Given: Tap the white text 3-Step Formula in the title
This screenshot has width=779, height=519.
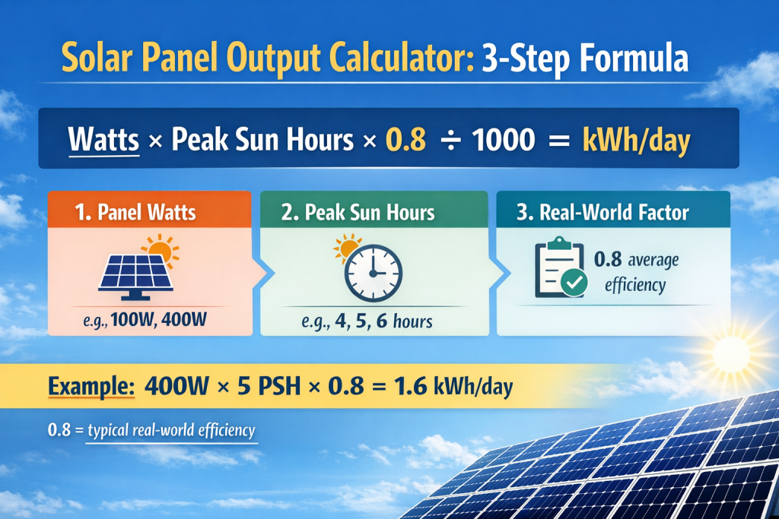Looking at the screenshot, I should coord(585,59).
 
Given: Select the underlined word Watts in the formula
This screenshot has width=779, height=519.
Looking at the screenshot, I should coord(103,142).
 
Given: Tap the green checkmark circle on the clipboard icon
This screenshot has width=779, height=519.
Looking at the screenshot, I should coord(572,284).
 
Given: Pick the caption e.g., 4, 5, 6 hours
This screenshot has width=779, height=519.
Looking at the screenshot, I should coord(375,321).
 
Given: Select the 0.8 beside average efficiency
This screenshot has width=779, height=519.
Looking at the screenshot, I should coord(609,261).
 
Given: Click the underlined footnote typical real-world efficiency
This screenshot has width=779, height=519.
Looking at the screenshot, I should coord(171,430).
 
